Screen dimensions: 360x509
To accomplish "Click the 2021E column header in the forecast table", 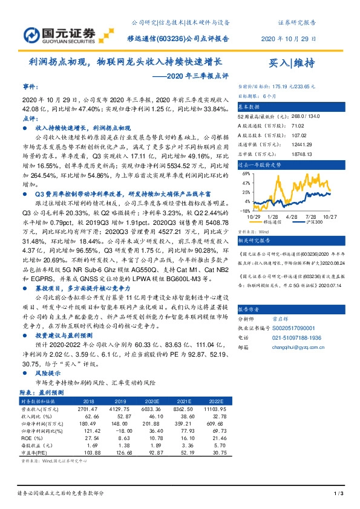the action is pos(185,400).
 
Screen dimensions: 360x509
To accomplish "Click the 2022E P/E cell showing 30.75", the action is pos(217,453).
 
